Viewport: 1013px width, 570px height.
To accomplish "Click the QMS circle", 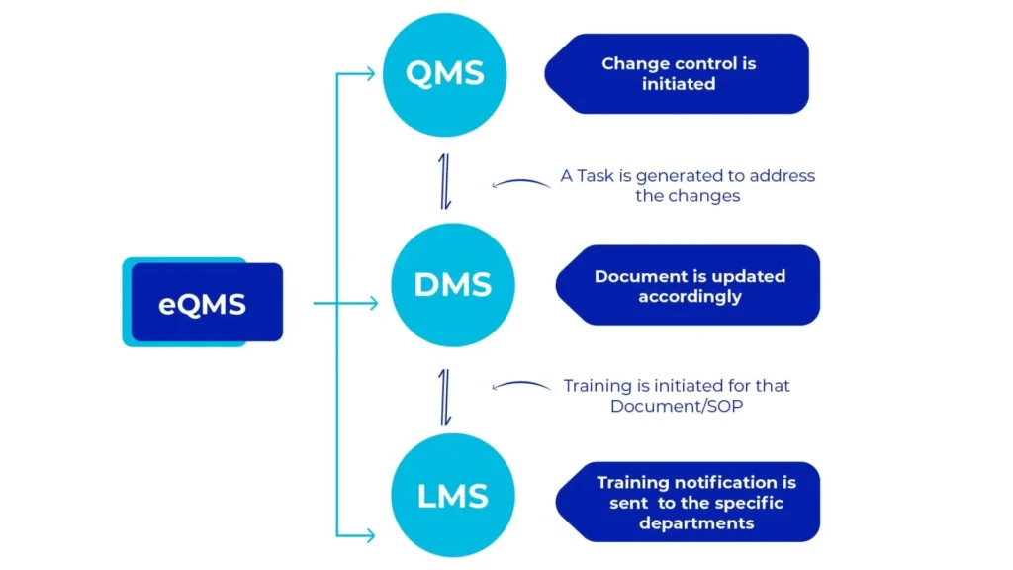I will (445, 74).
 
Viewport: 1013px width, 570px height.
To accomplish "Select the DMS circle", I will (453, 285).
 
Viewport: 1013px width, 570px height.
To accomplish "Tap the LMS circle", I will (453, 495).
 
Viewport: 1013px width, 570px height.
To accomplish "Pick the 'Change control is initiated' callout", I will (679, 74).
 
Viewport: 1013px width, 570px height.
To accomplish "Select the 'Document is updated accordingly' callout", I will (690, 285).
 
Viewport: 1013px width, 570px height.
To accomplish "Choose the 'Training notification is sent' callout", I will (690, 502).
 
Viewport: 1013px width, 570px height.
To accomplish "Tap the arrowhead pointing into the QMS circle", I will (369, 74).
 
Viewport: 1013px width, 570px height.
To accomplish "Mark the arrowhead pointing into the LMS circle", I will (369, 535).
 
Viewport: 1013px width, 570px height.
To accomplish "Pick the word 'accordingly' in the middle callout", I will (690, 296).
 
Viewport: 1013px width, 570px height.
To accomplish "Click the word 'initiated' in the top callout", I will (679, 84).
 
